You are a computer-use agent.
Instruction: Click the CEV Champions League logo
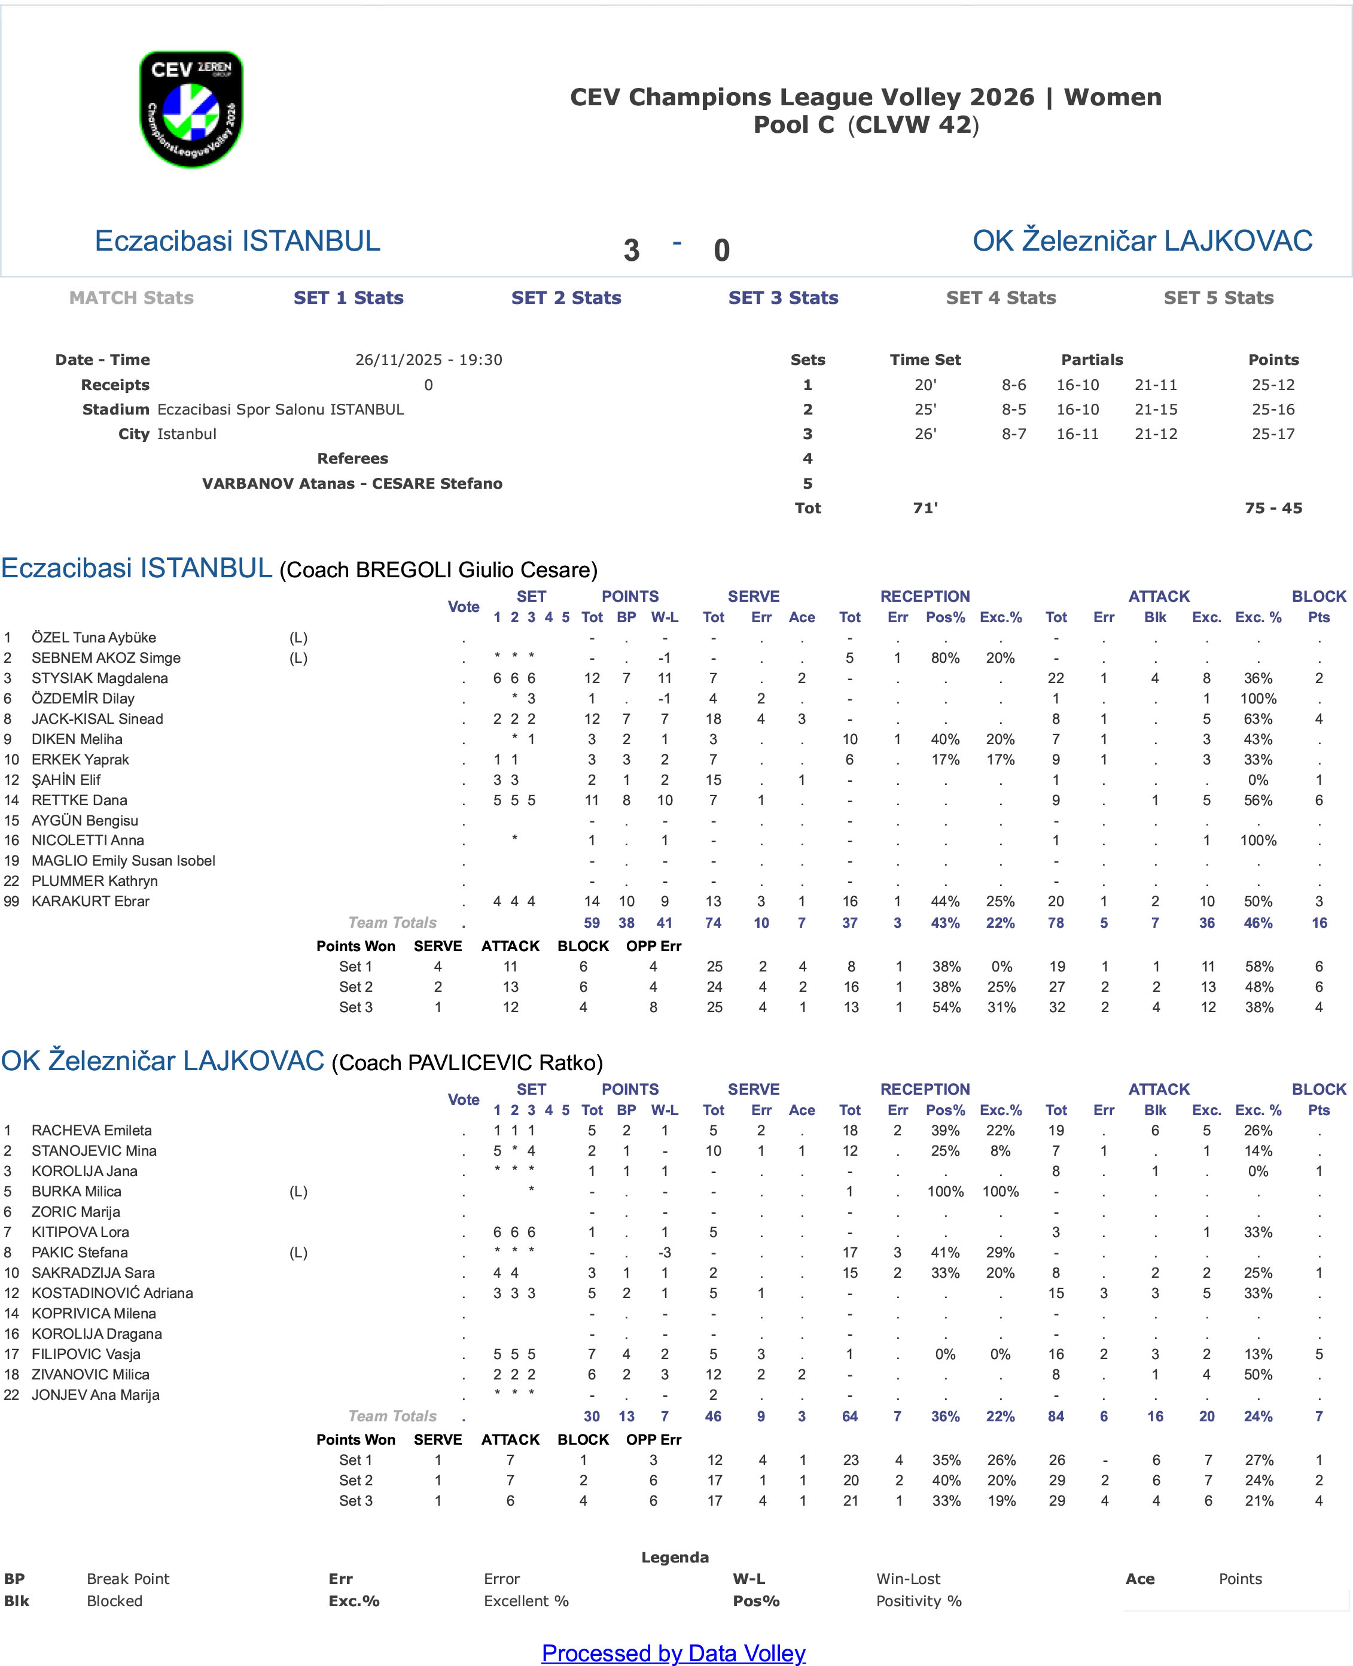[191, 109]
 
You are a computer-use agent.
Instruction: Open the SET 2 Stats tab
[566, 298]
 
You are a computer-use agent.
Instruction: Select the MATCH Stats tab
[131, 298]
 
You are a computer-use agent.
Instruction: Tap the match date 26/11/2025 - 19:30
[429, 360]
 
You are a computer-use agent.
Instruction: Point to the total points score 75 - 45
[1273, 508]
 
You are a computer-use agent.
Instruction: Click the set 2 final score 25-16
[1273, 409]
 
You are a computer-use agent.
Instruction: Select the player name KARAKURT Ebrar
[90, 901]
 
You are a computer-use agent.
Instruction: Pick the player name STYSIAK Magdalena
[100, 678]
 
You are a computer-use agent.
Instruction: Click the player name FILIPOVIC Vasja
[86, 1354]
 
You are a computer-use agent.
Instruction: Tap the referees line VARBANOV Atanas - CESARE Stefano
[352, 483]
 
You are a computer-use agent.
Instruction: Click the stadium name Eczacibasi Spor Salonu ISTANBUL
[281, 409]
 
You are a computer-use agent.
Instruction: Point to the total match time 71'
[925, 508]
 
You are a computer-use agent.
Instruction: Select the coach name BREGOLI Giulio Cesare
[438, 570]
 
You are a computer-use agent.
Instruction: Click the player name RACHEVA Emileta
[91, 1131]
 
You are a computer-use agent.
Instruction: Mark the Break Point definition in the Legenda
[128, 1579]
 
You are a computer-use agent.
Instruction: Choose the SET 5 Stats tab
[1218, 298]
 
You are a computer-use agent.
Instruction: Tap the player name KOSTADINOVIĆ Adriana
[112, 1293]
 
